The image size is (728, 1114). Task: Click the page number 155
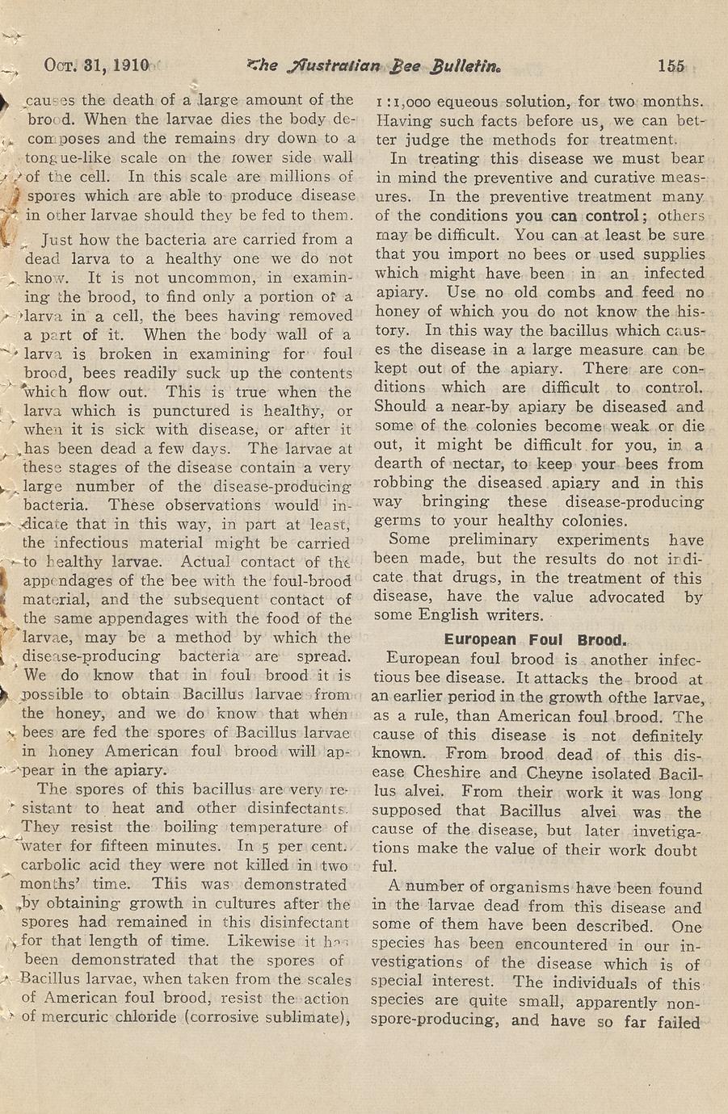[671, 67]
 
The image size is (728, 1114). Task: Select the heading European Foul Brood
[536, 640]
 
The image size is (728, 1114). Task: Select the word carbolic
[57, 866]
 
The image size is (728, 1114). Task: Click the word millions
[292, 177]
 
